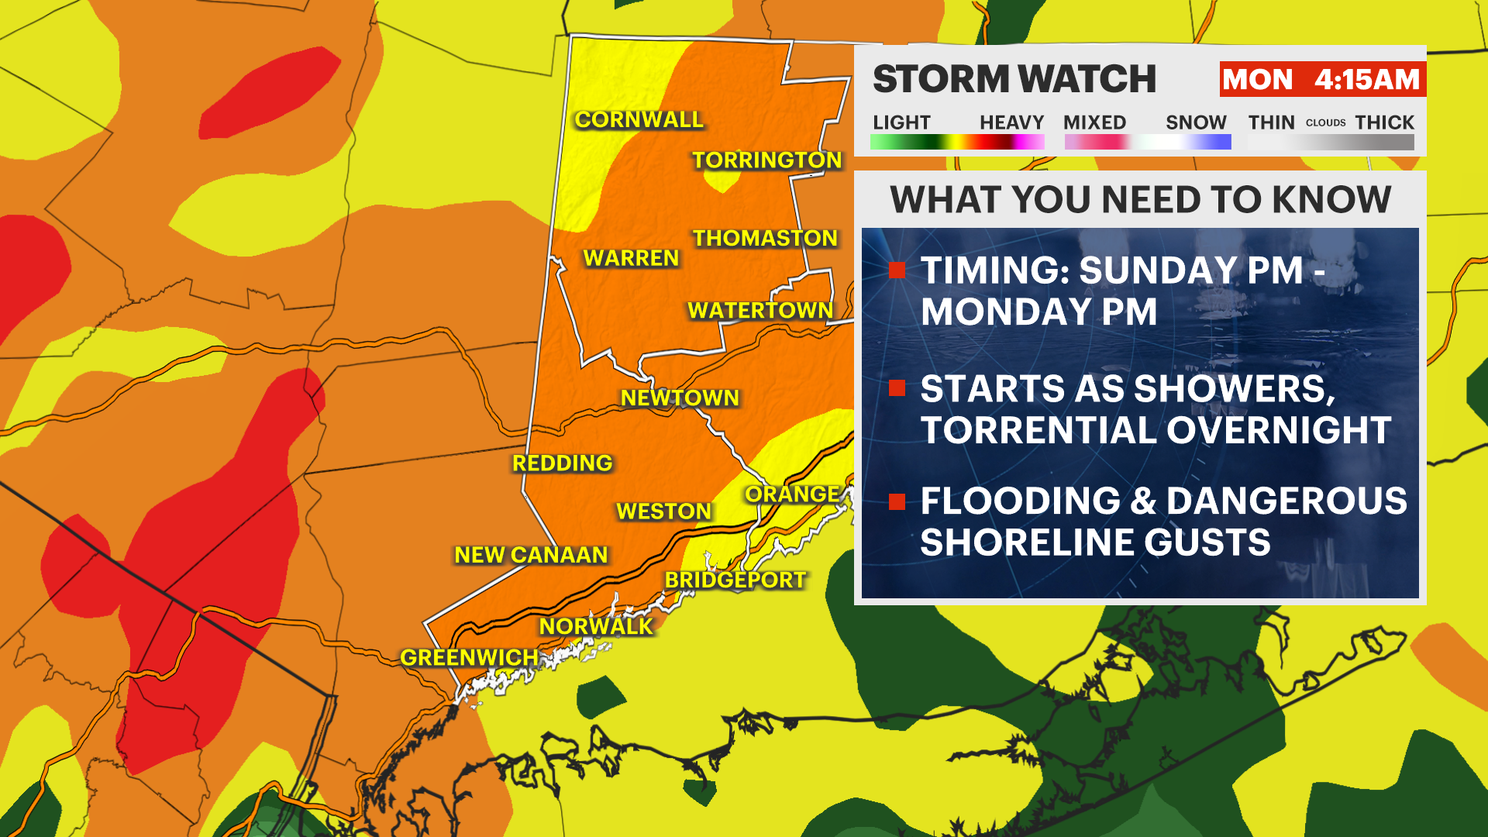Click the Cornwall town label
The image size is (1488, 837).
coord(639,119)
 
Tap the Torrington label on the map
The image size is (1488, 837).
coord(766,160)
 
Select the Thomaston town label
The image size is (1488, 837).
coord(765,238)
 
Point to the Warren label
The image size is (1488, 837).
coord(631,258)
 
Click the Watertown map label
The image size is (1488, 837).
coord(759,310)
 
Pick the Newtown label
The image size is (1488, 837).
coord(680,398)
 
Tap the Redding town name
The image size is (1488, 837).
coord(562,463)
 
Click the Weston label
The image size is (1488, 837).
coord(663,511)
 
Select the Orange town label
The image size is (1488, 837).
coord(792,494)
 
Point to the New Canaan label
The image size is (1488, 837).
coord(531,555)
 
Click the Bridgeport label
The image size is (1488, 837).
coord(735,580)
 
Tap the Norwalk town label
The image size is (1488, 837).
coord(596,626)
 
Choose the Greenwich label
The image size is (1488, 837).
coord(469,657)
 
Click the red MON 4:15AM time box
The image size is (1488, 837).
coord(1321,79)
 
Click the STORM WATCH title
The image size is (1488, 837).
coord(1014,79)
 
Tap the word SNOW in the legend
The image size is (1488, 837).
coord(1196,122)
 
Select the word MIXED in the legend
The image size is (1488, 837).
coord(1094,122)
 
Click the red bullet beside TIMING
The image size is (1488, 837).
coord(897,270)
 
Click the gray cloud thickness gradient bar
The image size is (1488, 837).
coord(1331,143)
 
